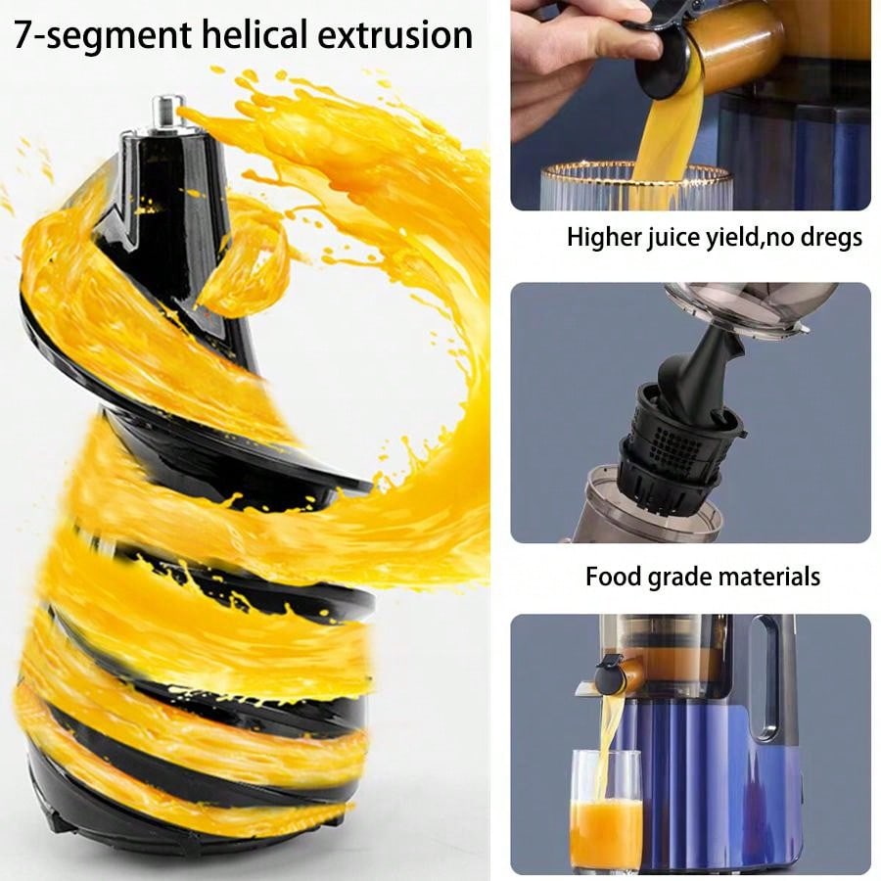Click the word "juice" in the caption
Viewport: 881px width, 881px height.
tap(678, 237)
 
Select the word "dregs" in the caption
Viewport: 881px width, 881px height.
tap(830, 237)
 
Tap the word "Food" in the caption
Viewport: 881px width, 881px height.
tap(613, 576)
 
